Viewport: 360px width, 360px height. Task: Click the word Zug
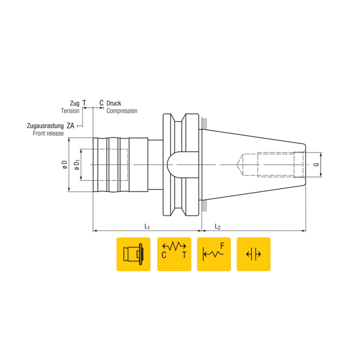[74, 103]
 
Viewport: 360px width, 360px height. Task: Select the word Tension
[70, 111]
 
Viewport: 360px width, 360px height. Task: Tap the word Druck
[114, 103]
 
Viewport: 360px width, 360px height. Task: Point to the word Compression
[122, 111]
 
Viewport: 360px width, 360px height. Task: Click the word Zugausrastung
[45, 126]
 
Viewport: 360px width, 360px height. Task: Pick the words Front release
[48, 133]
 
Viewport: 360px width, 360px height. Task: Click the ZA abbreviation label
[71, 126]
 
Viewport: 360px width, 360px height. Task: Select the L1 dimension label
[147, 226]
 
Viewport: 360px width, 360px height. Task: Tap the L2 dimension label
[218, 226]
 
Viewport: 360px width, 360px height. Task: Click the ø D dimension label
[64, 164]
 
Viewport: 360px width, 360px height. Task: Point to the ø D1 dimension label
[76, 164]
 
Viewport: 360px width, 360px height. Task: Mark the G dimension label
[316, 164]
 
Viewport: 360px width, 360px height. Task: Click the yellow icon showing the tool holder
[133, 254]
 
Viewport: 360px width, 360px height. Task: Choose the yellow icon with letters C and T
[174, 254]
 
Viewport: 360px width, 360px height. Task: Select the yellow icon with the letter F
[214, 254]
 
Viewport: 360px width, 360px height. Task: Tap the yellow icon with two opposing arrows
[253, 254]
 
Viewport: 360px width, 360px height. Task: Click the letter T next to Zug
[85, 103]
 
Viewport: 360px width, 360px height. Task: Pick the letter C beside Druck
[101, 103]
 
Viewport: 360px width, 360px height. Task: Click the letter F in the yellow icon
[222, 246]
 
